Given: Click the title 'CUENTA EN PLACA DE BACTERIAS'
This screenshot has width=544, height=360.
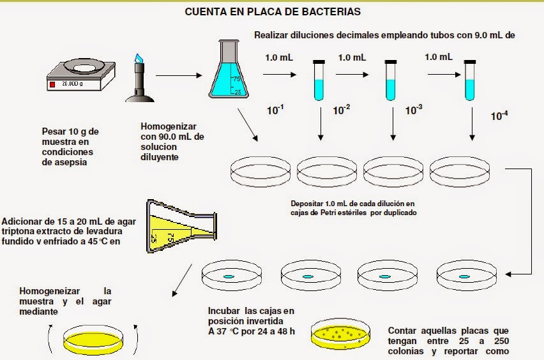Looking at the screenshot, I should click(273, 11).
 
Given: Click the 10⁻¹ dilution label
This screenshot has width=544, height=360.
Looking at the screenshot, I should click(275, 110).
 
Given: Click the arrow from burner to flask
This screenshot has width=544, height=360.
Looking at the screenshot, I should click(176, 75).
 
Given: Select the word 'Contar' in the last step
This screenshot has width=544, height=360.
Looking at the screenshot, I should click(403, 331).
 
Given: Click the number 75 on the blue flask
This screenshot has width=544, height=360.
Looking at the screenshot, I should click(236, 79).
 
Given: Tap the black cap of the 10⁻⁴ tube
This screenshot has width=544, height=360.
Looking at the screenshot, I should click(471, 61).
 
